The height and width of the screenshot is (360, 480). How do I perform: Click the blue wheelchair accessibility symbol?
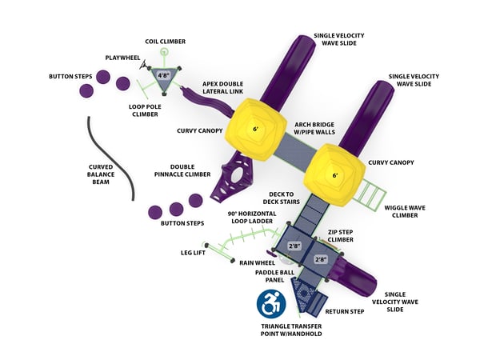pyautogui.click(x=271, y=303)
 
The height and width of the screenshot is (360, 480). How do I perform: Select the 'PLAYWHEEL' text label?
pyautogui.click(x=123, y=58)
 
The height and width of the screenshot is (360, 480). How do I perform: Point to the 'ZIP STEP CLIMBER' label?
pyautogui.click(x=345, y=236)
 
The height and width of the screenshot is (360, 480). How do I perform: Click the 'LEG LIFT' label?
pyautogui.click(x=197, y=252)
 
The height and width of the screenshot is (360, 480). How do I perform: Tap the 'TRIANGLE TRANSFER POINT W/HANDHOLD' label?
pyautogui.click(x=291, y=330)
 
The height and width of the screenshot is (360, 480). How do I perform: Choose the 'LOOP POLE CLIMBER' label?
pyautogui.click(x=144, y=110)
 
